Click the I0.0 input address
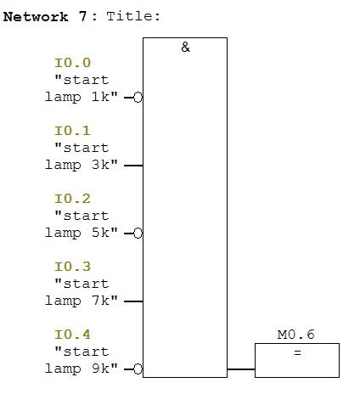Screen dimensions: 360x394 coord(72,63)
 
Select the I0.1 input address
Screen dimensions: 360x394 coord(72,131)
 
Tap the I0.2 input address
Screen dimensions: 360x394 coord(72,199)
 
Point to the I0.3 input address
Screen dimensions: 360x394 coord(72,267)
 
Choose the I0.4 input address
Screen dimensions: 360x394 coord(72,335)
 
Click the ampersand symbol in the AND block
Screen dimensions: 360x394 coord(185,47)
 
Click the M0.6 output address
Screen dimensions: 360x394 coord(295,335)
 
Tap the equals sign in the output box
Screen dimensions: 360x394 coord(297,352)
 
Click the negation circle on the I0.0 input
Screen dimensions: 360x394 coord(138,98)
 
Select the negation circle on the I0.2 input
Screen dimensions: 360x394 coord(138,234)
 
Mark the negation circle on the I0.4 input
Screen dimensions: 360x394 coord(138,369)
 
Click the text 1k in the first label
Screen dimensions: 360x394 coord(100,97)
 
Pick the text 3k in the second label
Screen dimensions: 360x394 coord(100,165)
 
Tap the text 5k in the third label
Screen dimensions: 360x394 coord(100,233)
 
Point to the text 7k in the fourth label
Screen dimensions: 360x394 coord(100,301)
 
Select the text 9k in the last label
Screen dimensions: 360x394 coord(100,369)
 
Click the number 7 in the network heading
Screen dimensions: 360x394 coord(82,16)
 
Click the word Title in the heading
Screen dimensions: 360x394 coord(130,16)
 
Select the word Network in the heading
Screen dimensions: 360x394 coord(36,16)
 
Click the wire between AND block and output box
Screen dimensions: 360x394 coord(241,369)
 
